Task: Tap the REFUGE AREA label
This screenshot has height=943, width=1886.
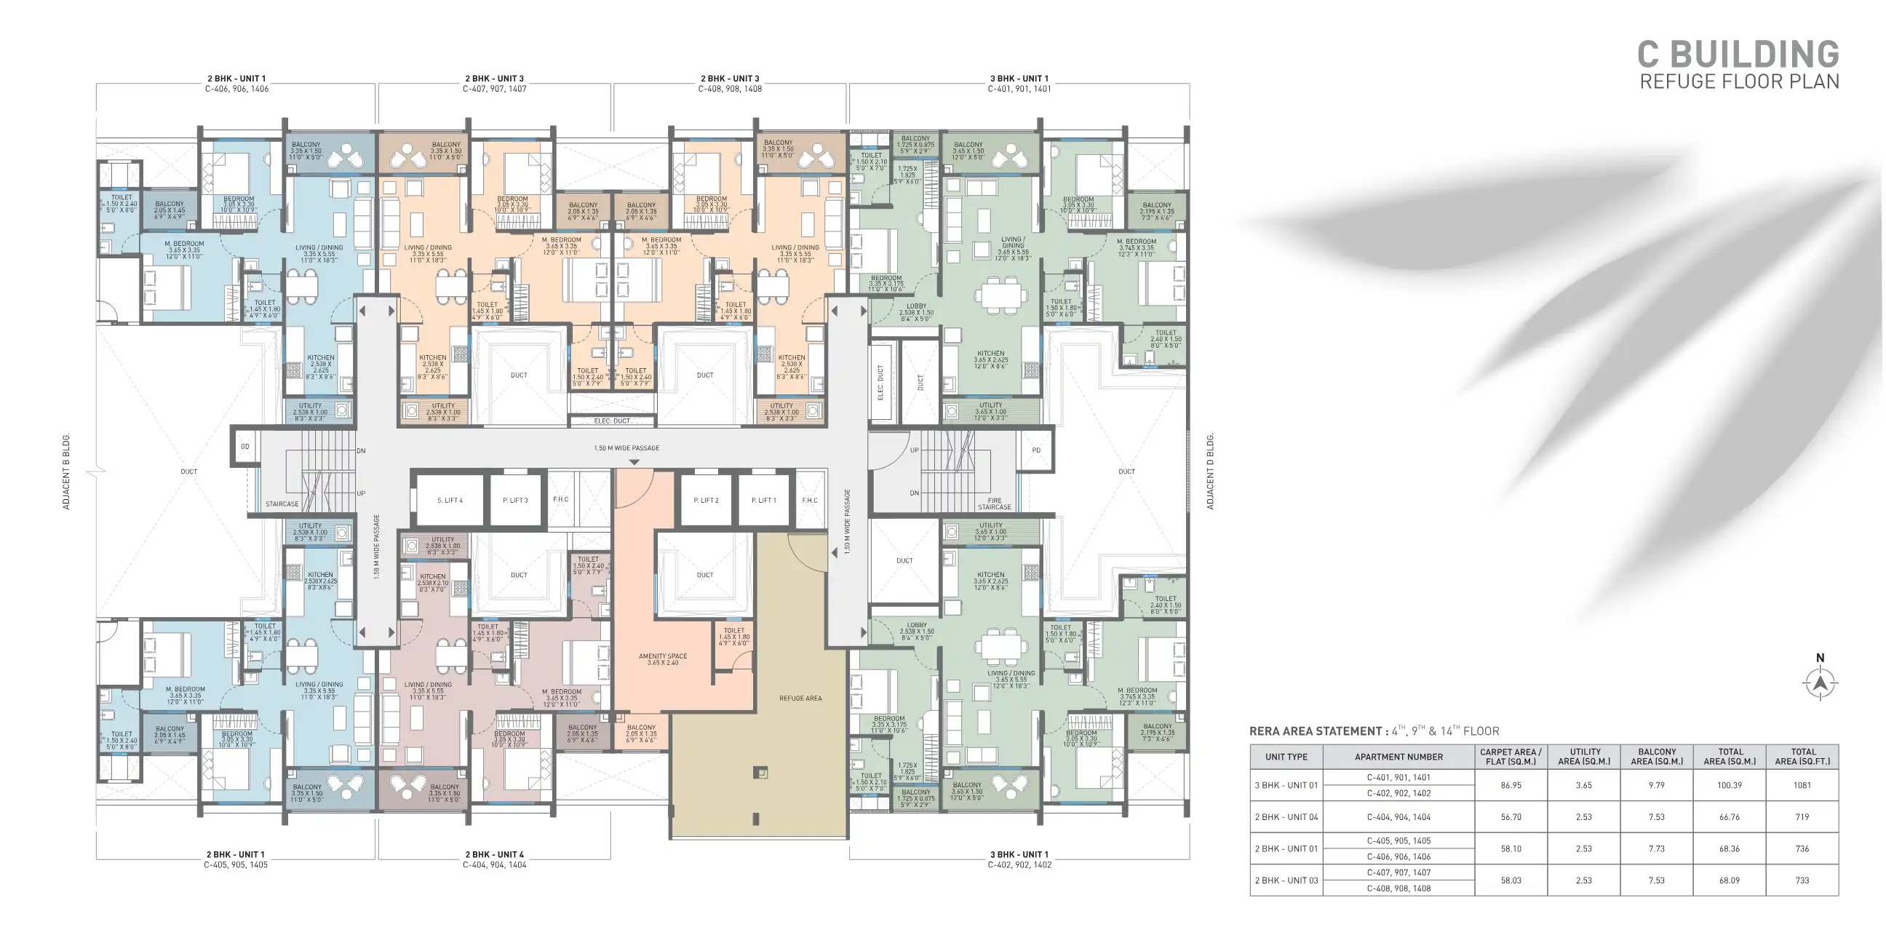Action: pyautogui.click(x=800, y=699)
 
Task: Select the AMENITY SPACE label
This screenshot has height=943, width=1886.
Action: pyautogui.click(x=663, y=659)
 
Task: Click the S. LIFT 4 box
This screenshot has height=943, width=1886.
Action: pyautogui.click(x=450, y=501)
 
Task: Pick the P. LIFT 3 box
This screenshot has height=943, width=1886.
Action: pyautogui.click(x=514, y=501)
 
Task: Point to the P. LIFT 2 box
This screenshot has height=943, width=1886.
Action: pyautogui.click(x=706, y=501)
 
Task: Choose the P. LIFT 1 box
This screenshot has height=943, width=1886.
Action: pyautogui.click(x=763, y=501)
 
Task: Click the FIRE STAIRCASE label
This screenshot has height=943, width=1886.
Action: pyautogui.click(x=993, y=504)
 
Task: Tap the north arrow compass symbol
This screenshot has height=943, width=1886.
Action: pyautogui.click(x=1820, y=683)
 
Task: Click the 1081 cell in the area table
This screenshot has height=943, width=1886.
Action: pyautogui.click(x=1802, y=785)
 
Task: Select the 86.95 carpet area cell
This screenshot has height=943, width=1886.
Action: pyautogui.click(x=1511, y=785)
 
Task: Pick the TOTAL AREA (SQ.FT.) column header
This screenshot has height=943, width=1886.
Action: pyautogui.click(x=1802, y=757)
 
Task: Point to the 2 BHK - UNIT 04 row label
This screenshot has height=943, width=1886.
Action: pyautogui.click(x=1286, y=817)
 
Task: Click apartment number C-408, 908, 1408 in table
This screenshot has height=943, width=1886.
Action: pyautogui.click(x=1398, y=888)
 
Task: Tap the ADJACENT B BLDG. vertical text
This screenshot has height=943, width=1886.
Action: pyautogui.click(x=66, y=472)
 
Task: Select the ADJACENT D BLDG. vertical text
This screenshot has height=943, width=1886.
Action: pyautogui.click(x=1209, y=472)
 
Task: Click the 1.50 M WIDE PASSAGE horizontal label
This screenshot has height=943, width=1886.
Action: pyautogui.click(x=626, y=448)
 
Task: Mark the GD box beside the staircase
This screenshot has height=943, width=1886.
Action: pyautogui.click(x=245, y=447)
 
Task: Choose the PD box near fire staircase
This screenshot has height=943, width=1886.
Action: pyautogui.click(x=1036, y=450)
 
